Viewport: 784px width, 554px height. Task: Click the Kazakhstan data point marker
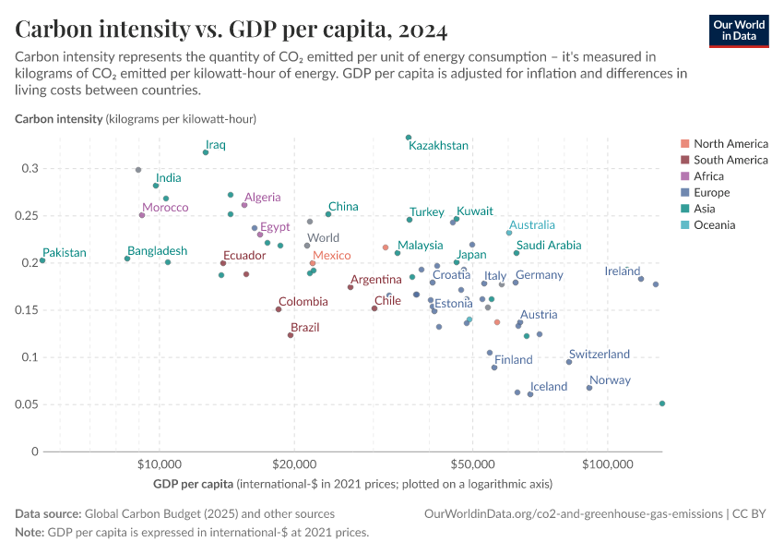(x=409, y=138)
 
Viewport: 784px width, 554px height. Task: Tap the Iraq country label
(x=216, y=145)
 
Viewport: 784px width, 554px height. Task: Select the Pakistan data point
(x=42, y=260)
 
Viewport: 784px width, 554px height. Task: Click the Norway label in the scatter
(x=610, y=380)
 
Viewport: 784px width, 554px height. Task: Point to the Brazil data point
(x=291, y=335)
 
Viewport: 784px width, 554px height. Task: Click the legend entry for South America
(x=731, y=160)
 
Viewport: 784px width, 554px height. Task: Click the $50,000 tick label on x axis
(x=472, y=462)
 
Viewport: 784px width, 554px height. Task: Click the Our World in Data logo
(x=739, y=30)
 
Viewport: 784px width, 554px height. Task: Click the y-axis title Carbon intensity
(x=58, y=119)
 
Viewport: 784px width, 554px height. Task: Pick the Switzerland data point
(x=569, y=362)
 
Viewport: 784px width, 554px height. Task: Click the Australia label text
(x=532, y=224)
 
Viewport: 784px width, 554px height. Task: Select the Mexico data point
(x=313, y=263)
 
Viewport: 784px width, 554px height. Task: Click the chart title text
(x=232, y=30)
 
